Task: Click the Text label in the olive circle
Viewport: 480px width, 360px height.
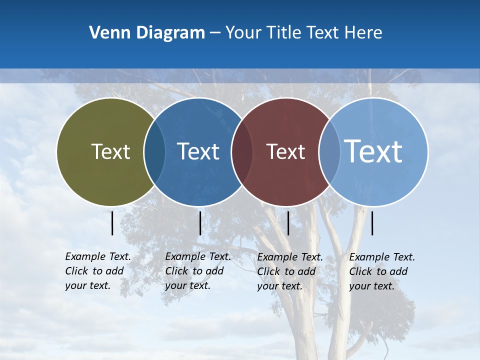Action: pos(110,151)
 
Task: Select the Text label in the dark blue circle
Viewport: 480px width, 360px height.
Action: pos(198,151)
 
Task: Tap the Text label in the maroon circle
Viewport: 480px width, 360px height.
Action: pos(285,151)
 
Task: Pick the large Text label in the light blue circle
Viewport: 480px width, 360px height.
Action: pos(373,151)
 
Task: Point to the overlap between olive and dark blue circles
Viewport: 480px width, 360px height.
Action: pos(154,151)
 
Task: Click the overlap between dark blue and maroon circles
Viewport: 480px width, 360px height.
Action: pos(242,151)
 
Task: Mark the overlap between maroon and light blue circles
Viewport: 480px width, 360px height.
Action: pos(329,151)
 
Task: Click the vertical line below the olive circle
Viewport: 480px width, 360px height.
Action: pos(112,223)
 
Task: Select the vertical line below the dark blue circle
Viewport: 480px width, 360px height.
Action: pos(200,223)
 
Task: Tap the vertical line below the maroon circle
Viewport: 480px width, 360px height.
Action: pos(288,223)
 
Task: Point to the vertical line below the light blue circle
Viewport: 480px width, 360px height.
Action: pos(372,223)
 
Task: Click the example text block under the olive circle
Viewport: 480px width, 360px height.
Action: pos(98,271)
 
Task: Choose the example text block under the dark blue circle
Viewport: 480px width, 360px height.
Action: pos(198,271)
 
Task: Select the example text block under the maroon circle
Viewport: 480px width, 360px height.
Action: pos(290,271)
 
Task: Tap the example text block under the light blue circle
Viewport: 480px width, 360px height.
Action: pos(382,271)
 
